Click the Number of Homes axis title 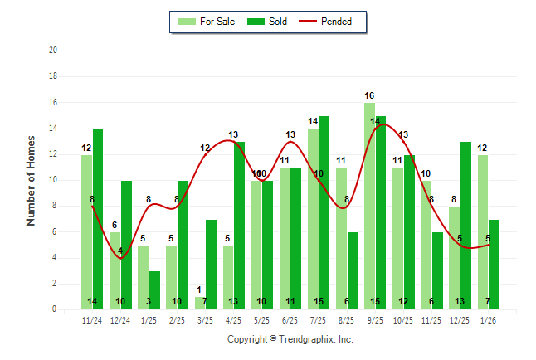coord(31,180)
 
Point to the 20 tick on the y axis coord(52,51)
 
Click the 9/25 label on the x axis coord(374,319)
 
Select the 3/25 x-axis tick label coord(205,319)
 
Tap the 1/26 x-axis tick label coord(487,319)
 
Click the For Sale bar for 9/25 coord(369,207)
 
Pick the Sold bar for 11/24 coord(98,220)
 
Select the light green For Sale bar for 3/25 coord(199,304)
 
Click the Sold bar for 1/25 coord(154,290)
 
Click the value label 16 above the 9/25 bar coord(369,96)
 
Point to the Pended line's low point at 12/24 coord(120,258)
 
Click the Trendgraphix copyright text coord(290,339)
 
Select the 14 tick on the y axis coord(52,129)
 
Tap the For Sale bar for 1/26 coord(482,232)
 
